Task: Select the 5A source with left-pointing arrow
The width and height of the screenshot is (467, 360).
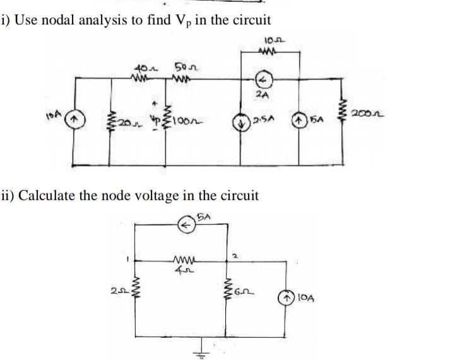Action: click(x=185, y=224)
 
